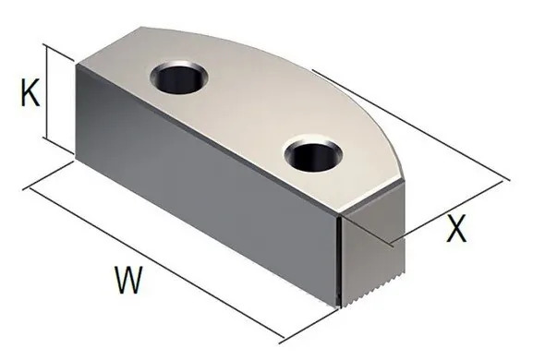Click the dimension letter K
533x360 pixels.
point(30,92)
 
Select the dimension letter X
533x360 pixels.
point(456,228)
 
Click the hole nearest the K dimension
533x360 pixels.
point(179,78)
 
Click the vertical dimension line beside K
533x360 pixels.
point(46,92)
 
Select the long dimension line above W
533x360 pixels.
point(154,260)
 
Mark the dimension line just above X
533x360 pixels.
point(446,211)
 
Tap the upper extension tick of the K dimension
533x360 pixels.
point(58,53)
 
